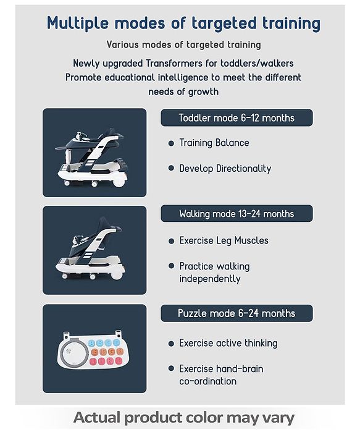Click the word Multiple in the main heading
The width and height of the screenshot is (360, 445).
pyautogui.click(x=78, y=23)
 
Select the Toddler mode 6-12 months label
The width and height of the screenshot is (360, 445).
pyautogui.click(x=237, y=118)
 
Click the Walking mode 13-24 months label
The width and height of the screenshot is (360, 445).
pyautogui.click(x=237, y=214)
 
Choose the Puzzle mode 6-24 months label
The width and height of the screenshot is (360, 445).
pyautogui.click(x=237, y=313)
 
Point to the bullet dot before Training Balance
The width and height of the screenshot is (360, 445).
pyautogui.click(x=171, y=143)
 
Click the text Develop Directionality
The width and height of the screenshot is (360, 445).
pyautogui.click(x=225, y=169)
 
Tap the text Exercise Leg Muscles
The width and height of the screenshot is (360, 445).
pyautogui.click(x=224, y=240)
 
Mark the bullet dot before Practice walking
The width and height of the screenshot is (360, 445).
pyautogui.click(x=171, y=266)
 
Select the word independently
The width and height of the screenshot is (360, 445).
pyautogui.click(x=210, y=279)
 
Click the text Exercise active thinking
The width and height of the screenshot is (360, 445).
pyautogui.click(x=228, y=343)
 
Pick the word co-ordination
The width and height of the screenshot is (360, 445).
pyautogui.click(x=207, y=381)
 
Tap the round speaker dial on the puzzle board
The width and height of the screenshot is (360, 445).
pyautogui.click(x=73, y=352)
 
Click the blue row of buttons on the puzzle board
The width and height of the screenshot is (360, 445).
pyautogui.click(x=104, y=343)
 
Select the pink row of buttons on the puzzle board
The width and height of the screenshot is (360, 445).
pyautogui.click(x=106, y=362)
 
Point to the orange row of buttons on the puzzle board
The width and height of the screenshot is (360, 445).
pyautogui.click(x=107, y=352)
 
